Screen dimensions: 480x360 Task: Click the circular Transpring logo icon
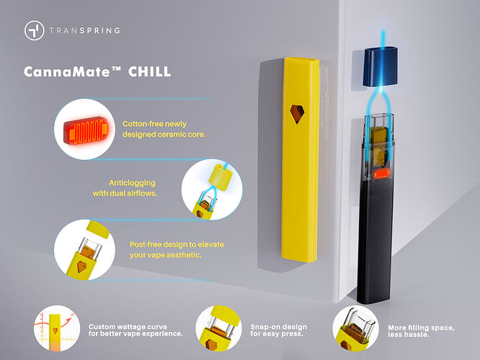pos(35,30)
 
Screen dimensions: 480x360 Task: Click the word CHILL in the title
pos(149,72)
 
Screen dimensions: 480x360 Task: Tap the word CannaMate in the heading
pos(67,72)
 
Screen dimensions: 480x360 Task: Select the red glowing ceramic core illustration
pos(86,130)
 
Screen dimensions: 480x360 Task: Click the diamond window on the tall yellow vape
pos(297,114)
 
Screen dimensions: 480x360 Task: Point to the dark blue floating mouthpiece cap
pos(381,66)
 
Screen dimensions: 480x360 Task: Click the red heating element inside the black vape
pos(382,174)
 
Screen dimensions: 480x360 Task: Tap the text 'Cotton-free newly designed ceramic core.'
pos(164,129)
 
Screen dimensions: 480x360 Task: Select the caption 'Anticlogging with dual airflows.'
pos(125,188)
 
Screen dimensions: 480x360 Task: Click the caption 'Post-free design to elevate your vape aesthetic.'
pos(177,250)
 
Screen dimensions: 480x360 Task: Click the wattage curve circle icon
pos(57,328)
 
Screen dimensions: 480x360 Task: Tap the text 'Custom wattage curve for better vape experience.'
pos(135,330)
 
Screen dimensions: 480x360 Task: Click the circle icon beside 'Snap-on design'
pos(218,328)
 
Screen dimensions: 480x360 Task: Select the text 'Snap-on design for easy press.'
pos(279,330)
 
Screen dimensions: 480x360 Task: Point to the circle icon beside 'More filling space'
pos(356,328)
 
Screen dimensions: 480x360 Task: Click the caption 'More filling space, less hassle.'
pos(421,331)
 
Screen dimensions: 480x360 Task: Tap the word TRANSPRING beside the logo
pos(85,30)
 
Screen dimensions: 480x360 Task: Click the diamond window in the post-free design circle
pos(81,266)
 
